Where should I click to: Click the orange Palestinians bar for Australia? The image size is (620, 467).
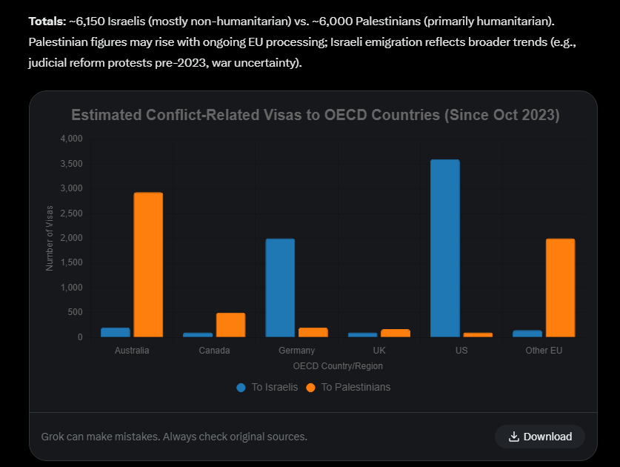148,265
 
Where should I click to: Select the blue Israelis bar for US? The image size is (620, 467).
444,248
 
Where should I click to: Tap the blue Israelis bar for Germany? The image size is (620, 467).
280,288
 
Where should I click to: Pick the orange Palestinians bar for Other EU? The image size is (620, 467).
560,288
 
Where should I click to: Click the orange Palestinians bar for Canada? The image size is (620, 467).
230,325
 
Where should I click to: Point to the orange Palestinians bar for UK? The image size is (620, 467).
396,333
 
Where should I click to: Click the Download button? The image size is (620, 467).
540,437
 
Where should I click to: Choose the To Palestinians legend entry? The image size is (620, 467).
348,387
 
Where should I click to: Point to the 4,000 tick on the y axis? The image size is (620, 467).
71,139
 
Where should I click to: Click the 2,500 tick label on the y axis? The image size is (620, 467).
71,213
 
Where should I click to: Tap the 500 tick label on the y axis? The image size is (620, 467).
75,312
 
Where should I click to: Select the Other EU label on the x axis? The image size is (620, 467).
544,351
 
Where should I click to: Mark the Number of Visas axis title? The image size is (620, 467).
50,237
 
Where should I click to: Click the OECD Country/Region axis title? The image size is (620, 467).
338,366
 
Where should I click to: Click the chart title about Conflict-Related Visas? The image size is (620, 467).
315,115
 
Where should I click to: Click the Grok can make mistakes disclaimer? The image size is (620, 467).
174,437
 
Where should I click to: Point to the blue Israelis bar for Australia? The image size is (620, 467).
116,332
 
